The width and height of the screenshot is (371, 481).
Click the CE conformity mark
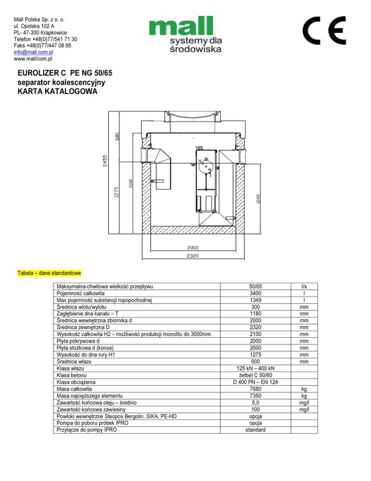(324, 30)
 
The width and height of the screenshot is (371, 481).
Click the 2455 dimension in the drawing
(105, 160)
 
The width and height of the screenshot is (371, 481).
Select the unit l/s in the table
(303, 287)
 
